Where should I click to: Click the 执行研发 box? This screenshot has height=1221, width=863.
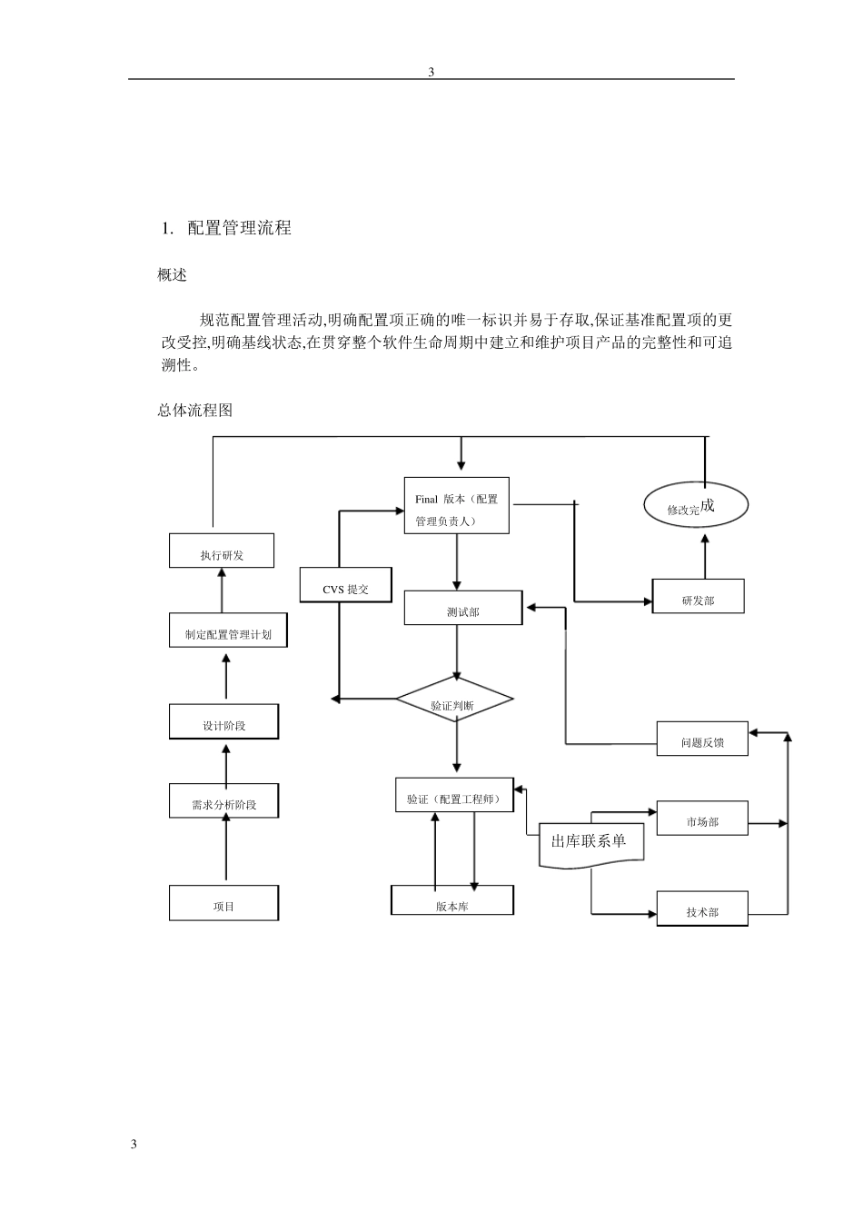222,551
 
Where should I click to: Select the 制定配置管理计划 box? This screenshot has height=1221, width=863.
228,630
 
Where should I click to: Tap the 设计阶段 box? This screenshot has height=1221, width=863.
223,722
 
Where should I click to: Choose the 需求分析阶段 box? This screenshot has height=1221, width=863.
223,801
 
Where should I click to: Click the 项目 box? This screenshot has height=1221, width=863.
223,904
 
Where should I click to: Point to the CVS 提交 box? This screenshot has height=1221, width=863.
345,585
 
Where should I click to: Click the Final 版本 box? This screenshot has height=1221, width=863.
456,506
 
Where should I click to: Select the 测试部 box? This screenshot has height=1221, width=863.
462,609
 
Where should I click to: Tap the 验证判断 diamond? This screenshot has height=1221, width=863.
454,700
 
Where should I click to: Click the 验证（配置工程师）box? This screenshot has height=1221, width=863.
454,796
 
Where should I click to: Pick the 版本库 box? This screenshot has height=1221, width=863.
452,901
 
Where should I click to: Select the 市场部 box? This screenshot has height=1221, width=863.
702,819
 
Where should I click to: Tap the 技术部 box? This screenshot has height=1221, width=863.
702,909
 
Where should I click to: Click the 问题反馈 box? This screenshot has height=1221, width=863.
702,739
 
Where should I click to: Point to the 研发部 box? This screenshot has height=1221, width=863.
698,597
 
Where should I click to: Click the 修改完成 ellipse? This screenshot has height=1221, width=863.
696,506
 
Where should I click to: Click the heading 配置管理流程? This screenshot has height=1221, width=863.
239,228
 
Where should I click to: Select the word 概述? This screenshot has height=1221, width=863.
172,274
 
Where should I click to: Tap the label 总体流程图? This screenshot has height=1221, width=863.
194,411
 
